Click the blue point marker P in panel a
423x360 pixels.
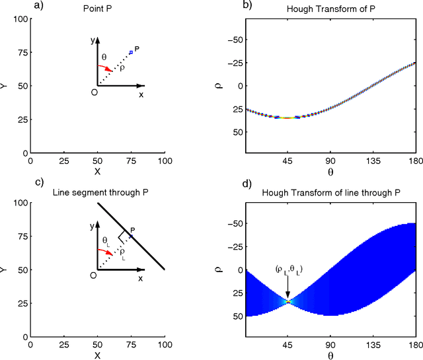pyautogui.click(x=131, y=52)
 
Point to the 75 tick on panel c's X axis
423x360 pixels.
pyautogui.click(x=131, y=345)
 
